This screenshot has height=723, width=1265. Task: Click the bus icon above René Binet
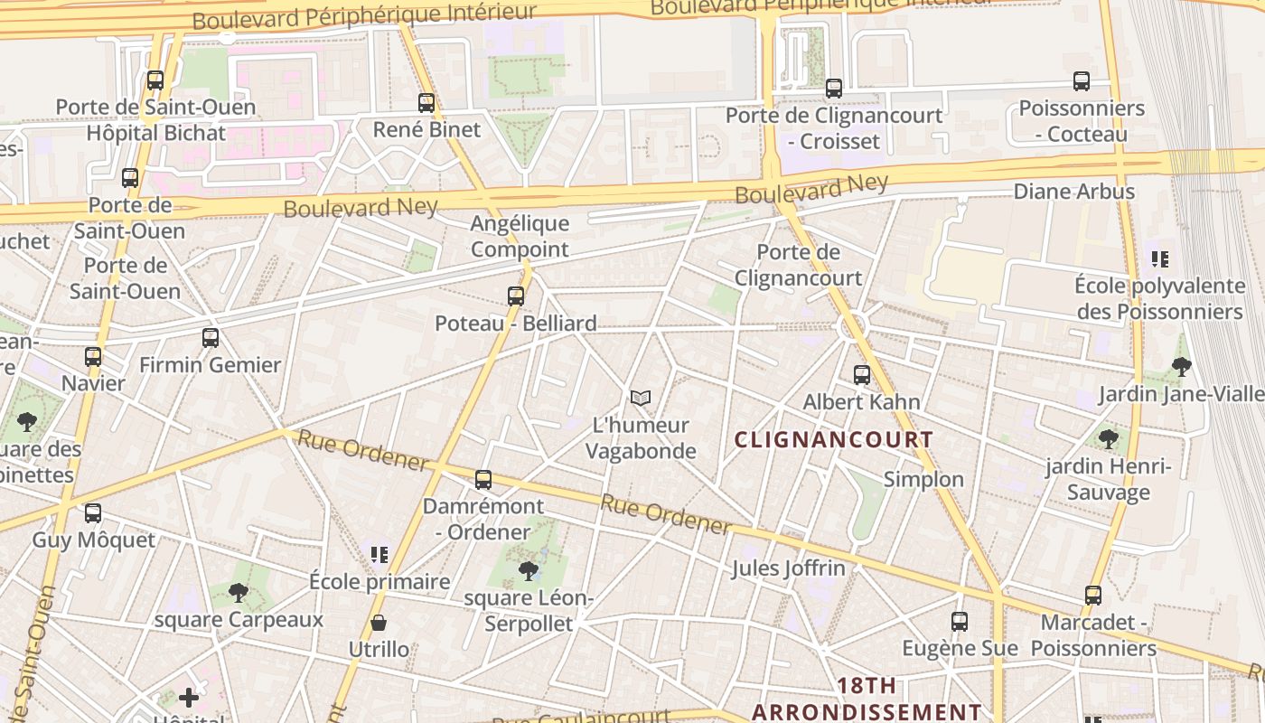click(x=426, y=103)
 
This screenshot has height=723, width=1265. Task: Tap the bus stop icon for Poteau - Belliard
click(x=516, y=296)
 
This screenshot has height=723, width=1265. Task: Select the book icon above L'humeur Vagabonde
click(x=641, y=398)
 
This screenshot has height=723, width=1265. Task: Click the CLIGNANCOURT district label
click(x=833, y=440)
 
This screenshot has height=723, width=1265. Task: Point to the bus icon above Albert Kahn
click(x=862, y=374)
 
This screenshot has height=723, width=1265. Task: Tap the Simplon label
click(x=923, y=479)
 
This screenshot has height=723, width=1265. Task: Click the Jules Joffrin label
click(x=789, y=568)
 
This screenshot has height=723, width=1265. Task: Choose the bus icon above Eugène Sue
click(x=960, y=622)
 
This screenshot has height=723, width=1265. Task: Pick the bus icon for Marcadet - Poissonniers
click(x=1093, y=596)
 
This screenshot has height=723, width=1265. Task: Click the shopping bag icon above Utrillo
click(x=379, y=623)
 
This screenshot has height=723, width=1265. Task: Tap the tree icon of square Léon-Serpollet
click(x=529, y=571)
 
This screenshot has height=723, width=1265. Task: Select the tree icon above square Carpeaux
click(x=239, y=593)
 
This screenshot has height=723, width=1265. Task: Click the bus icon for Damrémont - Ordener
click(x=483, y=480)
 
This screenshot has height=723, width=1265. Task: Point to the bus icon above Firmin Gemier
click(x=211, y=338)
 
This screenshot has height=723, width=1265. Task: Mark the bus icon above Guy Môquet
click(x=93, y=513)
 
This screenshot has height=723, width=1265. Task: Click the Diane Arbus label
click(x=1073, y=192)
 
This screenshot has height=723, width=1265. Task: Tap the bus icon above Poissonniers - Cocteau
click(x=1082, y=81)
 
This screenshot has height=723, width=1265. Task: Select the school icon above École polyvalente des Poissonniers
click(x=1160, y=260)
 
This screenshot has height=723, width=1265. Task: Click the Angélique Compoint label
click(x=520, y=236)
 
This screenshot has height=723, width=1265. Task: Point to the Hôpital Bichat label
click(x=155, y=133)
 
